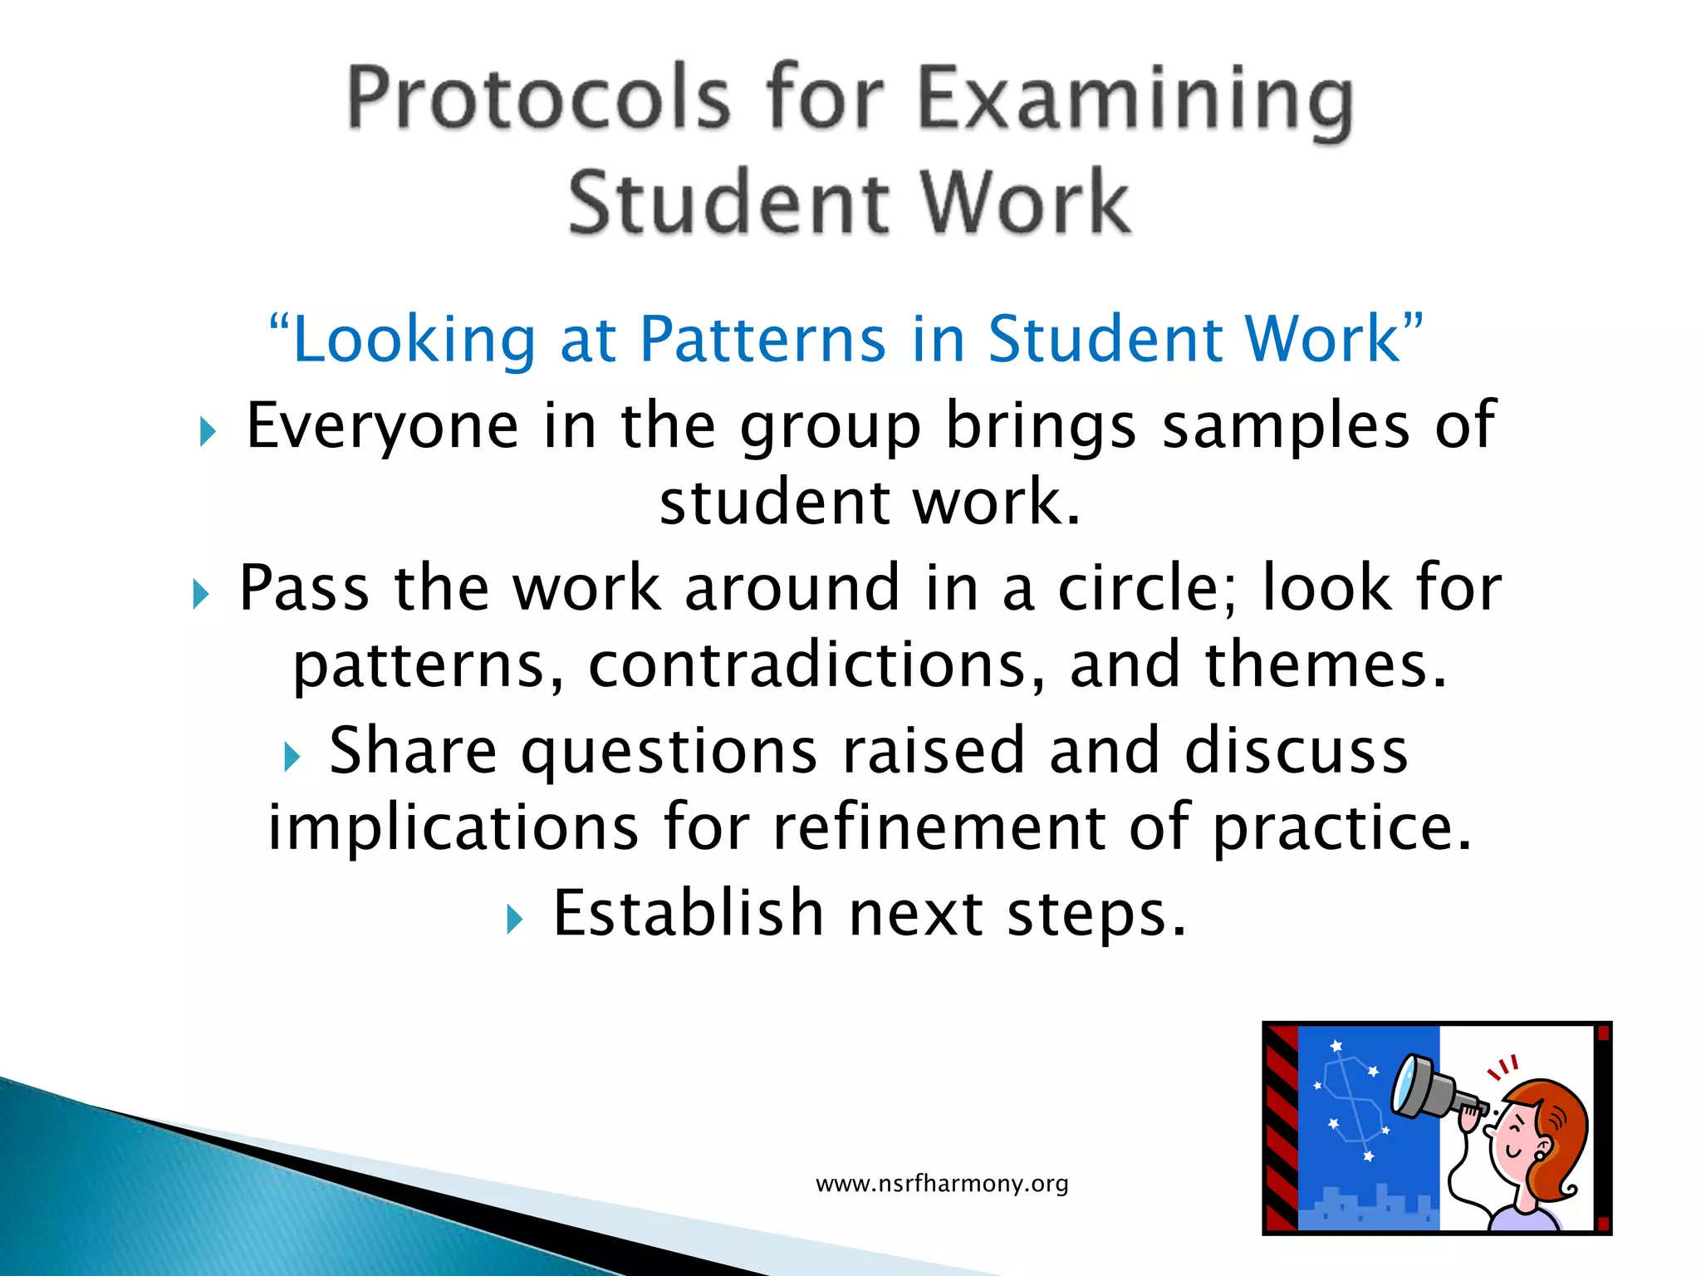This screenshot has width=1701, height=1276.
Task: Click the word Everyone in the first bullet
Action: [x=383, y=425]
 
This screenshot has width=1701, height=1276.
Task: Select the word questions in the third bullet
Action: [x=669, y=750]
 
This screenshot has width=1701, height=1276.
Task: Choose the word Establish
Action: [x=689, y=913]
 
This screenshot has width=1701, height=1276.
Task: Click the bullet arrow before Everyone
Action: [x=208, y=432]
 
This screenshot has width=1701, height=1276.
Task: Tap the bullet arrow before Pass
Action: [x=200, y=595]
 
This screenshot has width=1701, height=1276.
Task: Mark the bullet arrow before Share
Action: [x=291, y=757]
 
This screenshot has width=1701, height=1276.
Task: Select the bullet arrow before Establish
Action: [x=515, y=920]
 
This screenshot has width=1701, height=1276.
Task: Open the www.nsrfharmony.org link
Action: [x=942, y=1183]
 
